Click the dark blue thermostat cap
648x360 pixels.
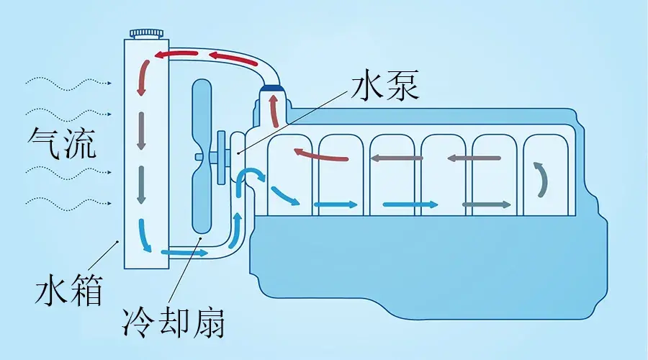273,88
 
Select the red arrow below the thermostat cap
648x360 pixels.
274,110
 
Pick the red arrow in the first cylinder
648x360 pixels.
320,154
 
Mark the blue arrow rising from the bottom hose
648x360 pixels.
235,230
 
